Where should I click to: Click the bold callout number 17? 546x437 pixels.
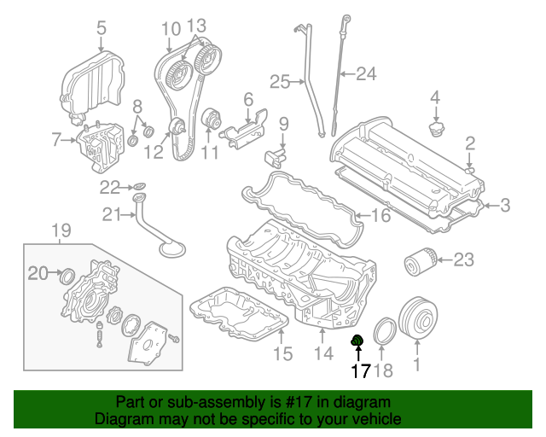click(x=359, y=371)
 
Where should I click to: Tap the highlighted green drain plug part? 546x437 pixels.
click(x=358, y=342)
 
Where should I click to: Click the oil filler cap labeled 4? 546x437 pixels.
click(x=435, y=132)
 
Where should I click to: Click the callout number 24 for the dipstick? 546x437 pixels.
click(x=365, y=74)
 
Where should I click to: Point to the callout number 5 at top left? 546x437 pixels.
click(x=102, y=27)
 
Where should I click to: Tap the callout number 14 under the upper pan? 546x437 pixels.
click(x=322, y=353)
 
